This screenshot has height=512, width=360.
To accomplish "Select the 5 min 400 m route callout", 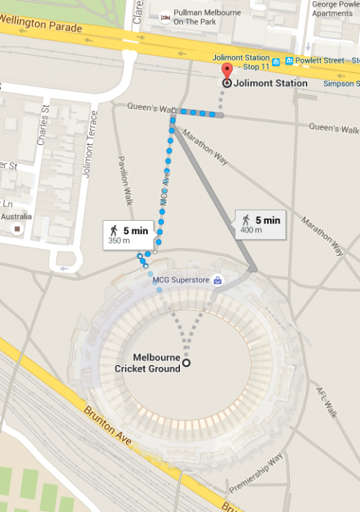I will [x=260, y=223].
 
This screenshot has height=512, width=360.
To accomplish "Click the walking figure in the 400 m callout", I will [x=246, y=219].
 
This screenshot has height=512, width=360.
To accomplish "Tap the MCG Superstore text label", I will [x=180, y=280].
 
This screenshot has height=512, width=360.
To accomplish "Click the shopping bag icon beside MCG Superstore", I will [x=217, y=280].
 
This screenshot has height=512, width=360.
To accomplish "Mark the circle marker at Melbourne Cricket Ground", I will [x=187, y=363].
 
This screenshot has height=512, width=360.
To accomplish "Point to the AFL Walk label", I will [x=323, y=399].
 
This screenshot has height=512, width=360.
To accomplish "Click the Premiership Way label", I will [x=255, y=476].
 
